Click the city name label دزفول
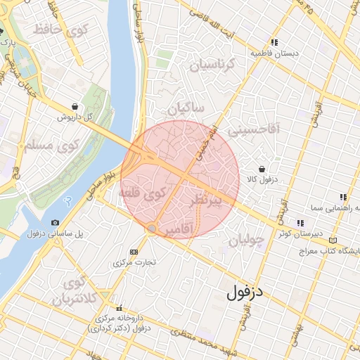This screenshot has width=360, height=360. coord(243,290)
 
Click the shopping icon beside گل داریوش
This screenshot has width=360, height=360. coord(75,106)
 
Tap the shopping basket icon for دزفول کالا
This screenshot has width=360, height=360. coord(262,169)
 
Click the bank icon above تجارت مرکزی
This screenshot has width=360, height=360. coord(134,251)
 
